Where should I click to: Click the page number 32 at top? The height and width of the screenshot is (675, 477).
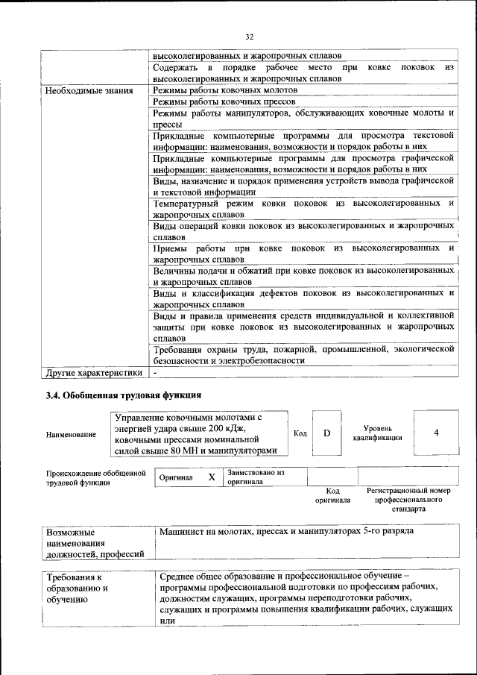pos(249,35)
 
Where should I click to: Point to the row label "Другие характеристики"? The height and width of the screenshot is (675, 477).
pos(93,371)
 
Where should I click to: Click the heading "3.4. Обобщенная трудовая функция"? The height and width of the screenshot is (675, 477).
pos(124,395)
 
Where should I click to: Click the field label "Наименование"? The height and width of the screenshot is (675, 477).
pos(71,434)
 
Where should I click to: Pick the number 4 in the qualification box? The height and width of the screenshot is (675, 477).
pos(436,433)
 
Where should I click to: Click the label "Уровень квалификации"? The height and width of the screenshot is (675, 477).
pos(378,433)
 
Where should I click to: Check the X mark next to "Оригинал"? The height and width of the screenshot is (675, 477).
pos(212,477)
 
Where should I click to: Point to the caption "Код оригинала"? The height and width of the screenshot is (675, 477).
pos(333,496)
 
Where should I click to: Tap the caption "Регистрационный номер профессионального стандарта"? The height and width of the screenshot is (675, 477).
pos(408,500)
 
